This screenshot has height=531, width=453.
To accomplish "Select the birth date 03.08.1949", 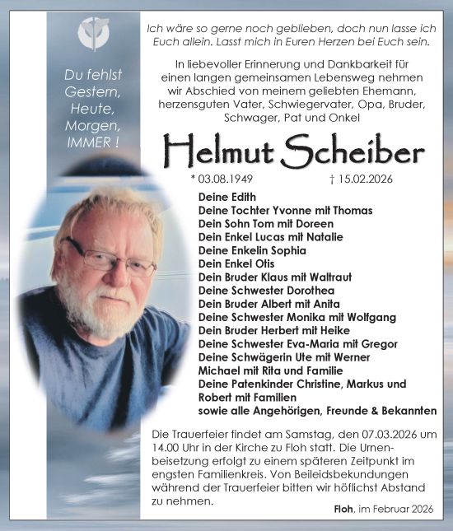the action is coord(226,179).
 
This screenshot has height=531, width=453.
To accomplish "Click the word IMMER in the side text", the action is coord(87,142).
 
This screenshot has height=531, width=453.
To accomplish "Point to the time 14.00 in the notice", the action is coord(167,448).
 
